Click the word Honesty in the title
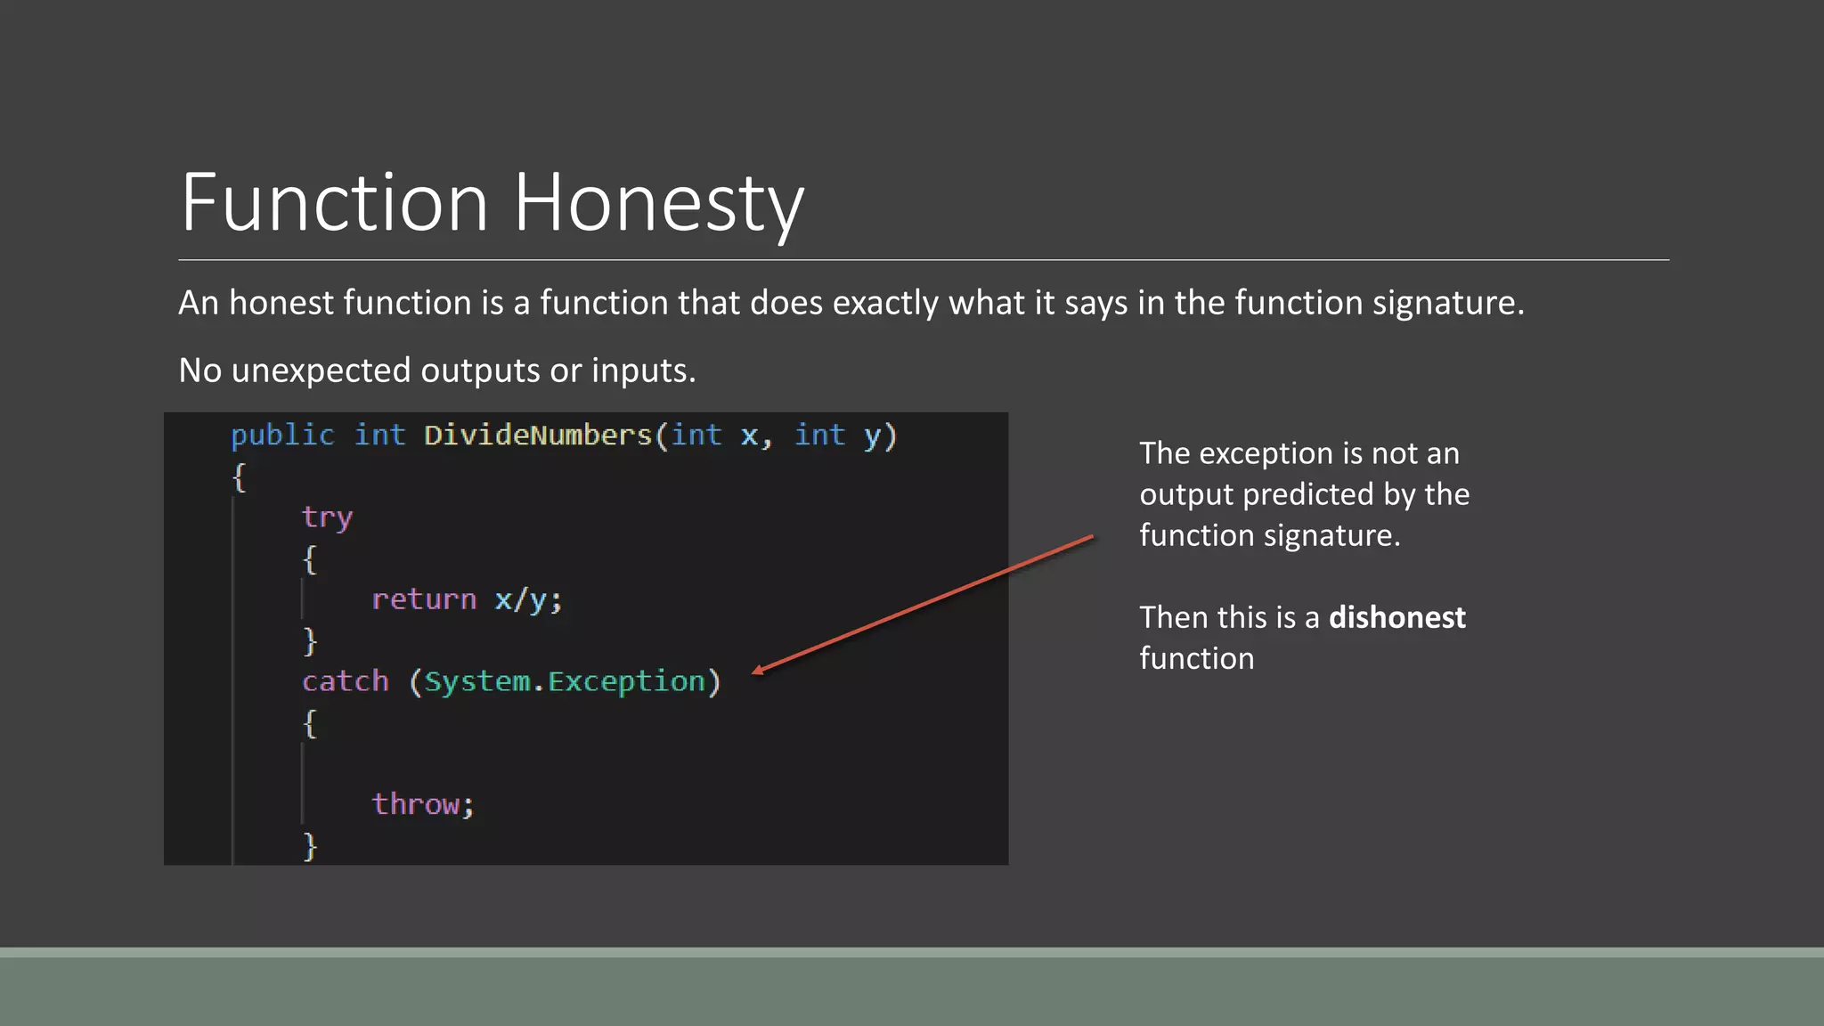(x=659, y=203)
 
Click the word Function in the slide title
(x=335, y=203)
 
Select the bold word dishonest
(x=1396, y=617)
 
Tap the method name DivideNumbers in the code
(x=538, y=436)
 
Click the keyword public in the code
(x=282, y=436)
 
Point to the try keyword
(x=327, y=517)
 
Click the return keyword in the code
(x=424, y=599)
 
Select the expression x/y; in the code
(x=528, y=599)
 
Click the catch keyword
(x=346, y=681)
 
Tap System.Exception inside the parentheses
(x=565, y=681)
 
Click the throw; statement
(x=423, y=804)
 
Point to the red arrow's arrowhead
(x=758, y=672)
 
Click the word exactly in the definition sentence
(x=885, y=303)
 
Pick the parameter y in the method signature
(x=872, y=436)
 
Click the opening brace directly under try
(x=309, y=559)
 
